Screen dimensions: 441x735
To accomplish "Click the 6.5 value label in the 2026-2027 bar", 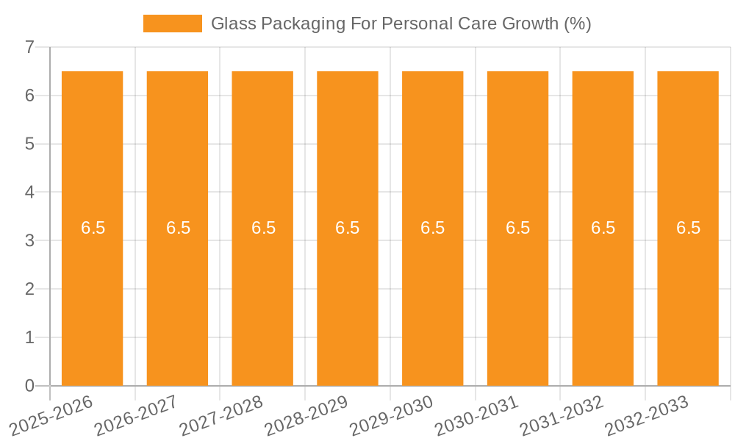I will pyautogui.click(x=178, y=228).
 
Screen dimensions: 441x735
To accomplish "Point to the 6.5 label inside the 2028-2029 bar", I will pyautogui.click(x=348, y=228).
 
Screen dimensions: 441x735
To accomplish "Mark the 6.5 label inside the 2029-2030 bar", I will pyautogui.click(x=433, y=228).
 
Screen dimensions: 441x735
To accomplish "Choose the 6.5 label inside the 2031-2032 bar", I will pyautogui.click(x=603, y=228).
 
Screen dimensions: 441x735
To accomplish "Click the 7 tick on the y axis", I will pyautogui.click(x=30, y=48).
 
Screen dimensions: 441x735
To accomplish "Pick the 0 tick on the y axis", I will pyautogui.click(x=30, y=386).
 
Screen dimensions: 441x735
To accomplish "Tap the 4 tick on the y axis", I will pyautogui.click(x=30, y=193).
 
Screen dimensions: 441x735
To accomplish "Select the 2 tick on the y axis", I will pyautogui.click(x=30, y=290).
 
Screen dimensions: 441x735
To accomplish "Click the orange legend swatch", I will pyautogui.click(x=173, y=24).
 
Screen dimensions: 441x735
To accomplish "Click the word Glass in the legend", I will pyautogui.click(x=232, y=24).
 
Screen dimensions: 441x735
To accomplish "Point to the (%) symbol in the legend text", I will pyautogui.click(x=578, y=24).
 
